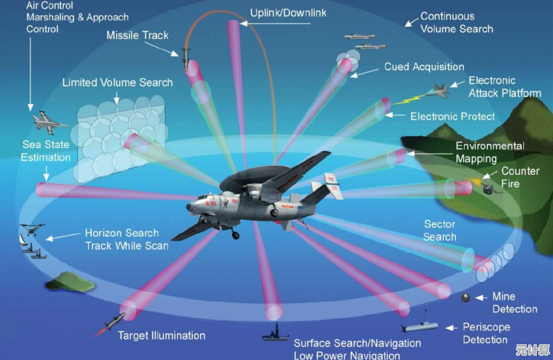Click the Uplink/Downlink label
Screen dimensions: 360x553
point(288,12)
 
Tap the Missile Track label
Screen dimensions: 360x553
point(137,36)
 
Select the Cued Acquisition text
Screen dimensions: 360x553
point(424,67)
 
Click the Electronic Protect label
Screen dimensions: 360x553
point(453,116)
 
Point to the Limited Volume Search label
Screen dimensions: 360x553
point(117,83)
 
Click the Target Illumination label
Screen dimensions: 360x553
point(161,335)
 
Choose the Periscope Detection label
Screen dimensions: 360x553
point(485,333)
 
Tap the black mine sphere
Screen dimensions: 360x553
point(465,297)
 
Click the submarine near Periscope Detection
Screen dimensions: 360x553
point(421,325)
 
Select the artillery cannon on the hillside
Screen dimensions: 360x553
point(492,188)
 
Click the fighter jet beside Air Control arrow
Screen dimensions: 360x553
point(49,122)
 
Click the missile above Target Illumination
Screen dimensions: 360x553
point(113,322)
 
